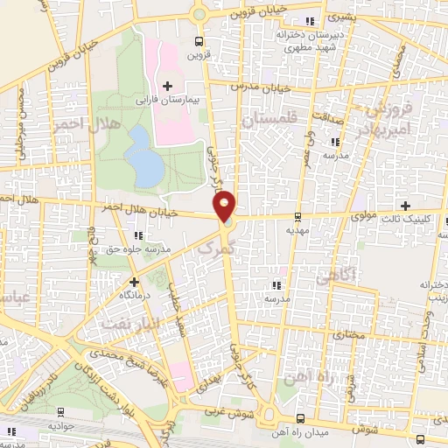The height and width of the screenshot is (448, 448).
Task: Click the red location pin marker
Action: [225, 205]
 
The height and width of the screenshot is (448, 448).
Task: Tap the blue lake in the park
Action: [142, 156]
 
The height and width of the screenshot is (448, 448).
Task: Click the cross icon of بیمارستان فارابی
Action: [167, 86]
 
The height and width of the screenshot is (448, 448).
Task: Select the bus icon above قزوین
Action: [199, 40]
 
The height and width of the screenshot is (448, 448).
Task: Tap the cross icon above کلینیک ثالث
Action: [404, 205]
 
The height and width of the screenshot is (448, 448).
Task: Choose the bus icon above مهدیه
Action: [297, 216]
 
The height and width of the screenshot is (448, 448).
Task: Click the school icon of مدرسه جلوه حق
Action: [138, 235]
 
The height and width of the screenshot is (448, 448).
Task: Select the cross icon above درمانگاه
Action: [134, 282]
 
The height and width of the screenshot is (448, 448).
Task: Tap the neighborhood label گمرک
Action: [215, 250]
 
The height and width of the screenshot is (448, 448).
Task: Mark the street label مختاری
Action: [347, 335]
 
